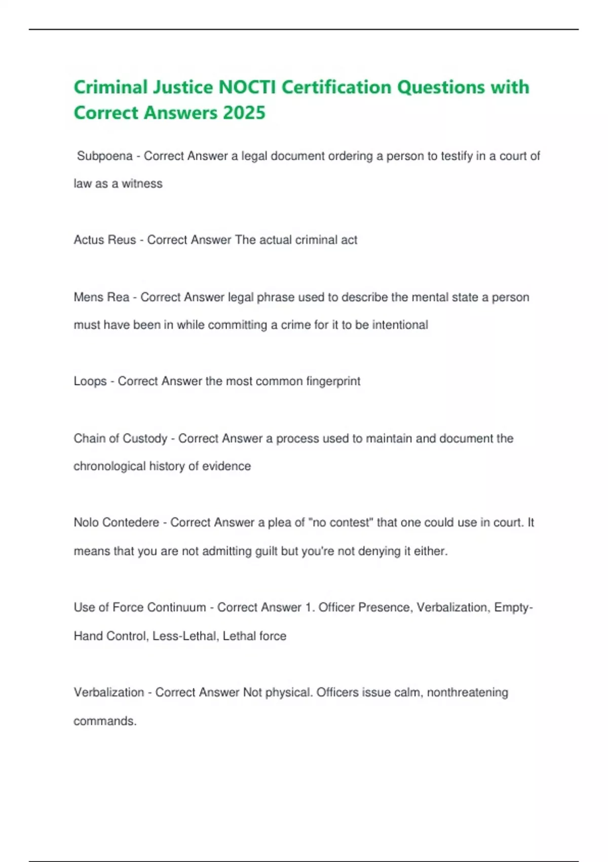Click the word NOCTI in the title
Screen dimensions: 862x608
pos(247,87)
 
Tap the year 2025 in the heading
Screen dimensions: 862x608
pos(244,113)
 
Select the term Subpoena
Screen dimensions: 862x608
pos(105,156)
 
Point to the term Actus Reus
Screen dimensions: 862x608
pos(105,240)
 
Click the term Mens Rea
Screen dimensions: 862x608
pos(101,297)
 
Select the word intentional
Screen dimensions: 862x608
pos(400,325)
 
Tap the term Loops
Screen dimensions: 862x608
pos(90,381)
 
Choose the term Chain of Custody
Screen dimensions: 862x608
pos(121,439)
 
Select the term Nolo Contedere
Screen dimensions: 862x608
pos(117,523)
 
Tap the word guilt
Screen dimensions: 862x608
pos(266,551)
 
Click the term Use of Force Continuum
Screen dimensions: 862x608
pos(140,607)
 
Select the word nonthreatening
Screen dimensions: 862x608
pos(467,693)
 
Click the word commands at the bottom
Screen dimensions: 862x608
pos(105,721)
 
